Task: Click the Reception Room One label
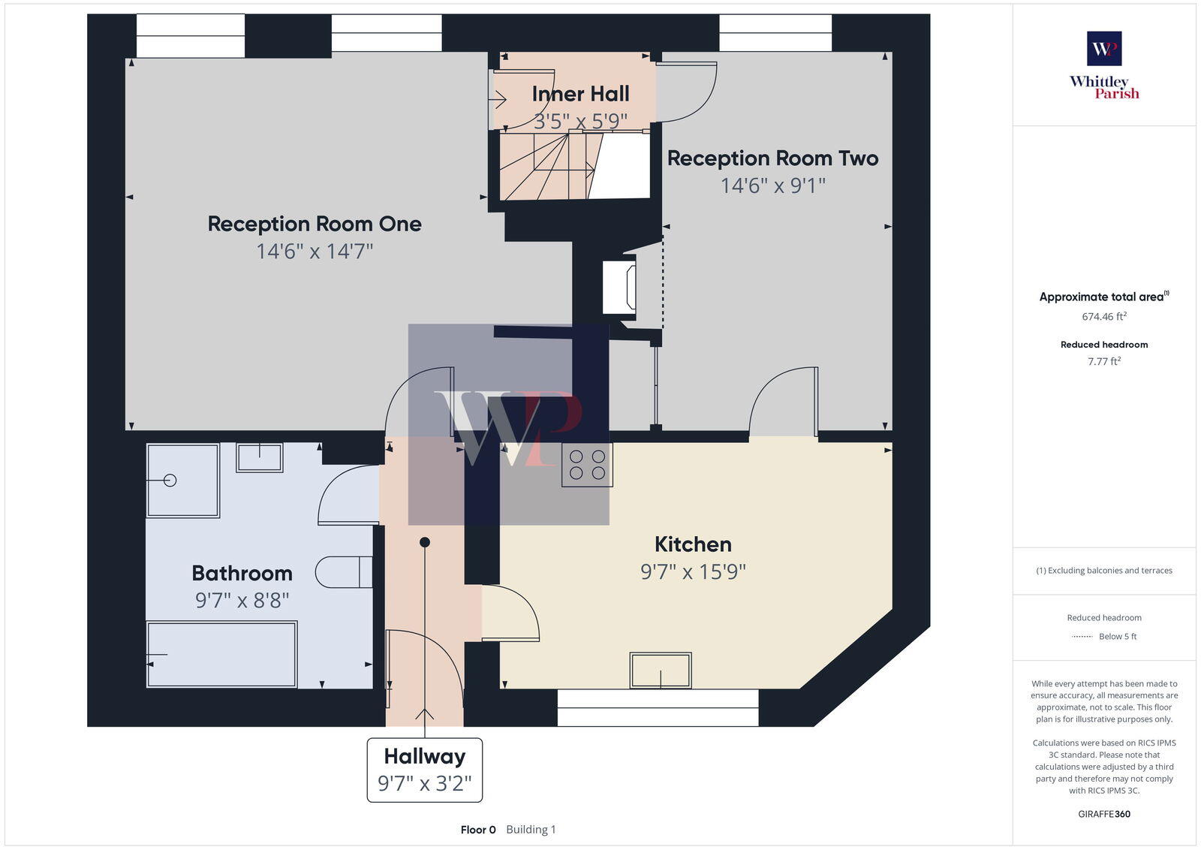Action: [314, 224]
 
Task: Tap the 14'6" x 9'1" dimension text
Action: [772, 185]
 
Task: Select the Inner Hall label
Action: [580, 94]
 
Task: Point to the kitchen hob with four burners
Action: [587, 465]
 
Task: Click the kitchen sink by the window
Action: [661, 671]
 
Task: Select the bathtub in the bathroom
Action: [222, 653]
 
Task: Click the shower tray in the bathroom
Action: [182, 481]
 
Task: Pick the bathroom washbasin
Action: [260, 457]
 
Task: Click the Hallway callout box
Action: [424, 770]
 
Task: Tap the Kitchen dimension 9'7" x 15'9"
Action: [692, 572]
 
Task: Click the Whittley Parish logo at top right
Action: [1104, 65]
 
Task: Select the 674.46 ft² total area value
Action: [1104, 317]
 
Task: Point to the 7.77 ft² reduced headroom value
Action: [1104, 361]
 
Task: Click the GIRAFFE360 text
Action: [1104, 814]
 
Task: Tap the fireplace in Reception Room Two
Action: [620, 286]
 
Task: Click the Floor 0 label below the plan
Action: [478, 830]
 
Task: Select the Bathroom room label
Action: [242, 574]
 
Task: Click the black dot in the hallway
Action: [425, 542]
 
